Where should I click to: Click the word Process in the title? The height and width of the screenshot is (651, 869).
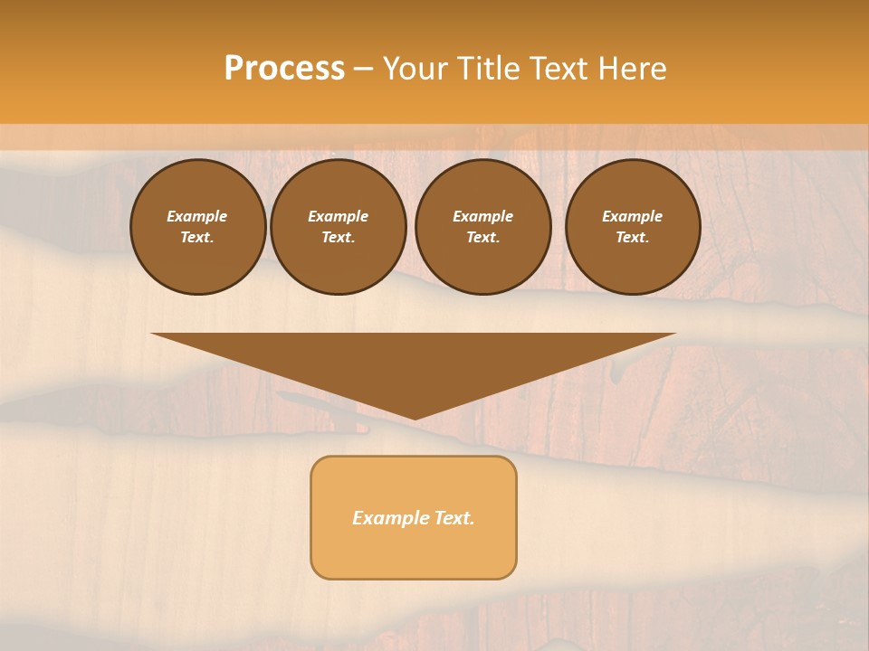(284, 68)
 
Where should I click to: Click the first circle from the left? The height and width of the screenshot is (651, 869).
(197, 227)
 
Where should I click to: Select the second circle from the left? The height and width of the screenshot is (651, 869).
(339, 227)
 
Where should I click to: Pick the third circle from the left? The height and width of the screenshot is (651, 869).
(482, 227)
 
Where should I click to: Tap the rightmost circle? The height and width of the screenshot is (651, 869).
(632, 227)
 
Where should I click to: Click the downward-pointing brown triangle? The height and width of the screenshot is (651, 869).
(414, 362)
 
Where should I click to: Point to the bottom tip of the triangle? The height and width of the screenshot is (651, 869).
(414, 418)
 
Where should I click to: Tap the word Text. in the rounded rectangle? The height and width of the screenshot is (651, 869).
(455, 518)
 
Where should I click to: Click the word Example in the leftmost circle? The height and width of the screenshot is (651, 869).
(197, 216)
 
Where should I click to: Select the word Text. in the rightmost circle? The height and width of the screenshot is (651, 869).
(632, 238)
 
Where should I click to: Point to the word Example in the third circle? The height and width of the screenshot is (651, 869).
(482, 216)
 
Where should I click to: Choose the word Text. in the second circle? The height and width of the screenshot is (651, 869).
(339, 238)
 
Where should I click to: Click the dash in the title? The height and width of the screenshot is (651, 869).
(363, 69)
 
